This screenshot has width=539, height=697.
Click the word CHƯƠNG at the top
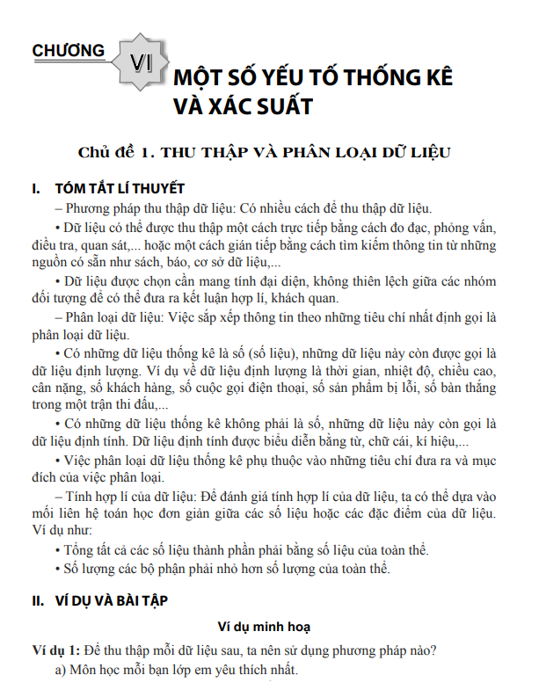68,50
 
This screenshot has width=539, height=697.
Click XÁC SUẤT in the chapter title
260,107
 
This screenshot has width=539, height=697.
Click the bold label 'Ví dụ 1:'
55,651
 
